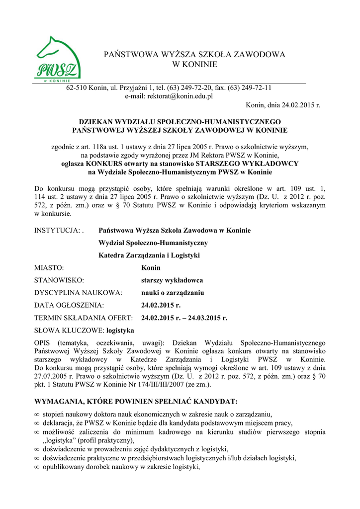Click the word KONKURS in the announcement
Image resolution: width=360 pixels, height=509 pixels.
click(106, 164)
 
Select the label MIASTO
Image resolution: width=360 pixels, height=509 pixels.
click(49, 267)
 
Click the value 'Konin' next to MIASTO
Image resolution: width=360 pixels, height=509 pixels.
click(151, 267)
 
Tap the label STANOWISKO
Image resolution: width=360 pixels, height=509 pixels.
click(59, 280)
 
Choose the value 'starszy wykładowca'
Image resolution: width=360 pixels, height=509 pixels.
click(172, 280)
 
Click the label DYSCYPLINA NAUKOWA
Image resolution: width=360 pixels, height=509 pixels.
click(78, 293)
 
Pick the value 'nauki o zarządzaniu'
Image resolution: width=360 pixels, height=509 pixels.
click(173, 293)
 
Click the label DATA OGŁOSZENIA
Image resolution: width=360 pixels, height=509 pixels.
click(69, 305)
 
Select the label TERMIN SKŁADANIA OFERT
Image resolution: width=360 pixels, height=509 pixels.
click(83, 318)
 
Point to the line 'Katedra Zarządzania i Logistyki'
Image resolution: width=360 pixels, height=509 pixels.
click(149, 255)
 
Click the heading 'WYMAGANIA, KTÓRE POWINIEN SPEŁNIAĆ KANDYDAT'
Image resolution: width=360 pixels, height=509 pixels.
click(135, 401)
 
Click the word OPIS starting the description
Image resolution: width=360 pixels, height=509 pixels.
click(44, 342)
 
